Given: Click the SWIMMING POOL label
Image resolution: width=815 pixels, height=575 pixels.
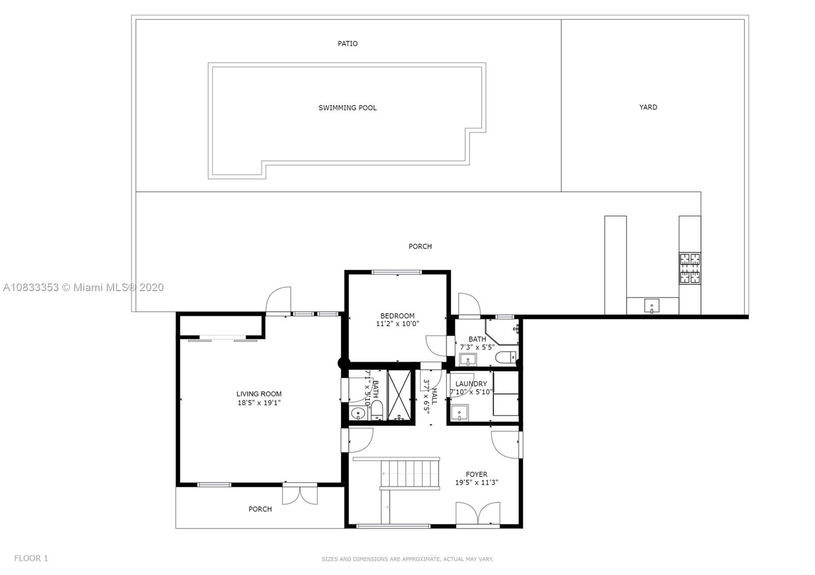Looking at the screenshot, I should pyautogui.click(x=347, y=108).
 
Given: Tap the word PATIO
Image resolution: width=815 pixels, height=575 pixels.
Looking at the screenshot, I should pyautogui.click(x=347, y=44).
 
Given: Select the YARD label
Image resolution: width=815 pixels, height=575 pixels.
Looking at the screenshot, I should pyautogui.click(x=648, y=107).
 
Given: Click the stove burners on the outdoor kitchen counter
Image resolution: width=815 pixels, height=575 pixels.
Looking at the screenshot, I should pyautogui.click(x=689, y=269).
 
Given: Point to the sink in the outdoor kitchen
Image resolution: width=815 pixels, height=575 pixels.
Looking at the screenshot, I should pyautogui.click(x=651, y=306).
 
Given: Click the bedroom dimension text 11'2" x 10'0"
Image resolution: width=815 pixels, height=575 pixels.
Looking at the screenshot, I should pyautogui.click(x=397, y=324).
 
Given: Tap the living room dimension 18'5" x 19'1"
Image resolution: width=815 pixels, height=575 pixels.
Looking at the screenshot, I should pyautogui.click(x=259, y=402).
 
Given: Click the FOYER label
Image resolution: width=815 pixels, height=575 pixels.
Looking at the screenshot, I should pyautogui.click(x=476, y=474).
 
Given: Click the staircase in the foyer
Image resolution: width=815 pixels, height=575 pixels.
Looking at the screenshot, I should pyautogui.click(x=411, y=473).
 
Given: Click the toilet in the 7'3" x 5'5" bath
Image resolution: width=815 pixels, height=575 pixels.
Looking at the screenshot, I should pyautogui.click(x=505, y=357).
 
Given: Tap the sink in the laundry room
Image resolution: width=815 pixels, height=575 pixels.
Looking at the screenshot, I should pyautogui.click(x=460, y=412).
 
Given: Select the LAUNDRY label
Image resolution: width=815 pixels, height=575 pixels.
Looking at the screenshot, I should pyautogui.click(x=471, y=384).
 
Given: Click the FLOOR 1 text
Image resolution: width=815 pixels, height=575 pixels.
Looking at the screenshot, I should pyautogui.click(x=31, y=558).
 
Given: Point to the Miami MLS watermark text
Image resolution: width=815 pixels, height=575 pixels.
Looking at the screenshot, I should pyautogui.click(x=84, y=287).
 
